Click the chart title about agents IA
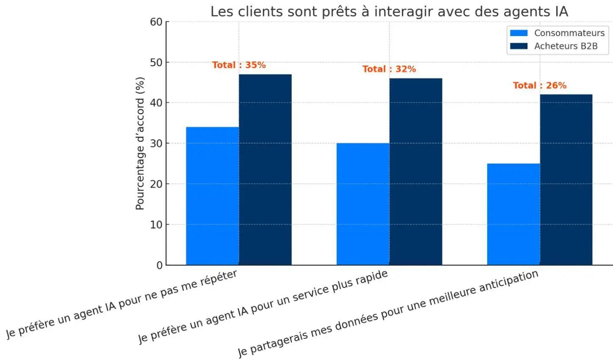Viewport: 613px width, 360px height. (x=389, y=11)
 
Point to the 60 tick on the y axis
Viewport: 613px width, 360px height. (x=156, y=22)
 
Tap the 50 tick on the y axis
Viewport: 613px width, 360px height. (x=156, y=63)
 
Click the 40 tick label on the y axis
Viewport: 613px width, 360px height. (x=156, y=103)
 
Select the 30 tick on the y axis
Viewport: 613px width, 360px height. (x=156, y=144)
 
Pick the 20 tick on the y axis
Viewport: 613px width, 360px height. (x=156, y=184)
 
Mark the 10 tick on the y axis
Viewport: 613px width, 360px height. (x=156, y=225)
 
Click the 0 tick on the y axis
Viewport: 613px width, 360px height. (x=159, y=266)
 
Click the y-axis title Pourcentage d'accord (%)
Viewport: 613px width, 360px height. (x=140, y=143)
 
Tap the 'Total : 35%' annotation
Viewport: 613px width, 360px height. (x=239, y=65)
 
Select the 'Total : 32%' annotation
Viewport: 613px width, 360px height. (x=389, y=69)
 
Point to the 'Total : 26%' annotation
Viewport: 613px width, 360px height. (x=539, y=86)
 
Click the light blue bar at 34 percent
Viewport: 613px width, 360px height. (x=213, y=196)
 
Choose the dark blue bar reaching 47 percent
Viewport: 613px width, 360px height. (x=265, y=169)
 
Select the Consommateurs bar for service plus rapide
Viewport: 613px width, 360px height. (x=363, y=204)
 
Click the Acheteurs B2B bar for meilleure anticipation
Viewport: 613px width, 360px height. (x=566, y=180)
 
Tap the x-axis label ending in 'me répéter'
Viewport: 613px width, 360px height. (x=121, y=304)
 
